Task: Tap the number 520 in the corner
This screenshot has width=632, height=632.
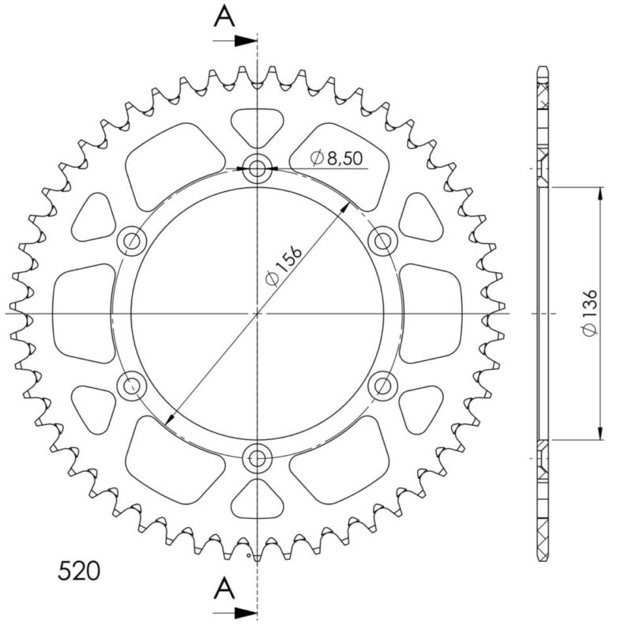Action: click(79, 570)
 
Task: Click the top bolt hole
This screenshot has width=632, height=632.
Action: click(258, 168)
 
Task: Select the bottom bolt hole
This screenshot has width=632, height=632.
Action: click(258, 457)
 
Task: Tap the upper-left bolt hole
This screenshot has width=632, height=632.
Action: click(131, 240)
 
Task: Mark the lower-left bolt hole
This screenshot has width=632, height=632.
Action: click(131, 386)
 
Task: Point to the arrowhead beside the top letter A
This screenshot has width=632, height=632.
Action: click(250, 39)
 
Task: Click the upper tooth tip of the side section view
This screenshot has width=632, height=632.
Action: click(542, 70)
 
